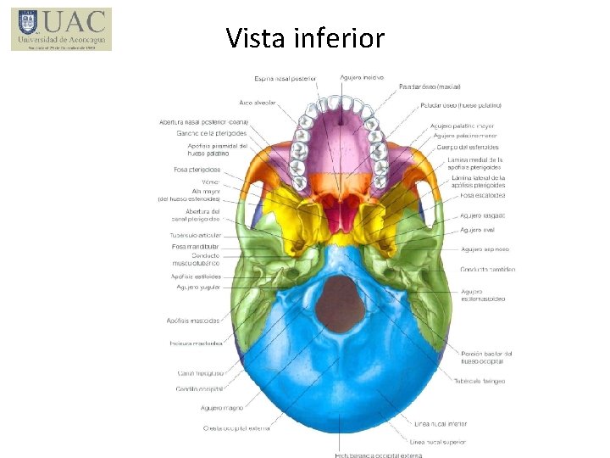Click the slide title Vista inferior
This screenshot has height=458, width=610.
[305, 37]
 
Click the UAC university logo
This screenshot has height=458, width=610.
[62, 30]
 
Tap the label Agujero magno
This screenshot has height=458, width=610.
[223, 408]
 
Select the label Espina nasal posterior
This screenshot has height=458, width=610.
[286, 78]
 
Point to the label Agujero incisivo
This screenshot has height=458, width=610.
[362, 78]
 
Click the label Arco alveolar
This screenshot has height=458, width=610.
[258, 103]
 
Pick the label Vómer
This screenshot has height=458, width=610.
[210, 182]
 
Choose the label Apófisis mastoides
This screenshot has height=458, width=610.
[193, 321]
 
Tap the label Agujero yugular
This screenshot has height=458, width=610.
[198, 287]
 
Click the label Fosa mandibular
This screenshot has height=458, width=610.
[196, 246]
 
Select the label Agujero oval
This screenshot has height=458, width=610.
[476, 230]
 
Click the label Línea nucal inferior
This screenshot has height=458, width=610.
[441, 423]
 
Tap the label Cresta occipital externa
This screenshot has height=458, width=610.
[236, 428]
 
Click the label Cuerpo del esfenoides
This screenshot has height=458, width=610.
[468, 148]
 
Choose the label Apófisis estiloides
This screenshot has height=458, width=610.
[196, 276]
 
